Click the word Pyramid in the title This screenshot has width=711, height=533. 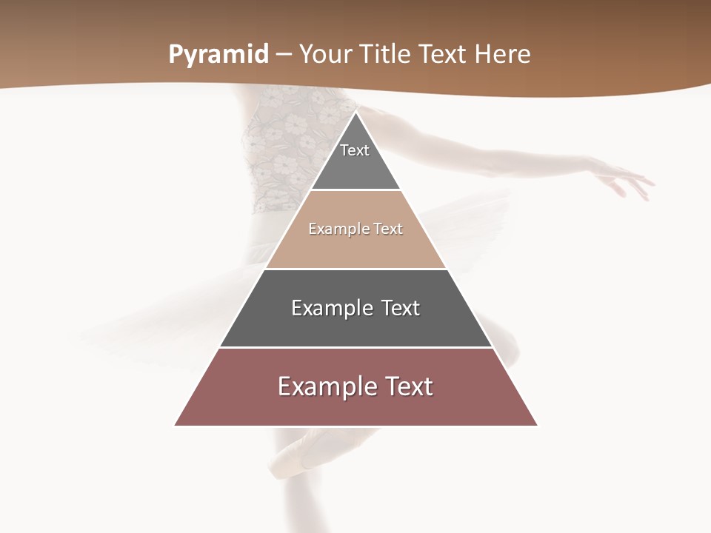(218, 55)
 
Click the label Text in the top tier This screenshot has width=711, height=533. (355, 150)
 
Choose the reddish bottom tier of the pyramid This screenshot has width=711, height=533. (355, 407)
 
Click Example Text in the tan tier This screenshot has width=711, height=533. (355, 229)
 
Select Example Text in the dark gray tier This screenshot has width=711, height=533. (355, 308)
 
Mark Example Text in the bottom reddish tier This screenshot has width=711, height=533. (355, 386)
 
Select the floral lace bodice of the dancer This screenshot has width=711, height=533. (278, 148)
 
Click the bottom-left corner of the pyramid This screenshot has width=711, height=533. (176, 425)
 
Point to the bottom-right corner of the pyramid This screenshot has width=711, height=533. (537, 425)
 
